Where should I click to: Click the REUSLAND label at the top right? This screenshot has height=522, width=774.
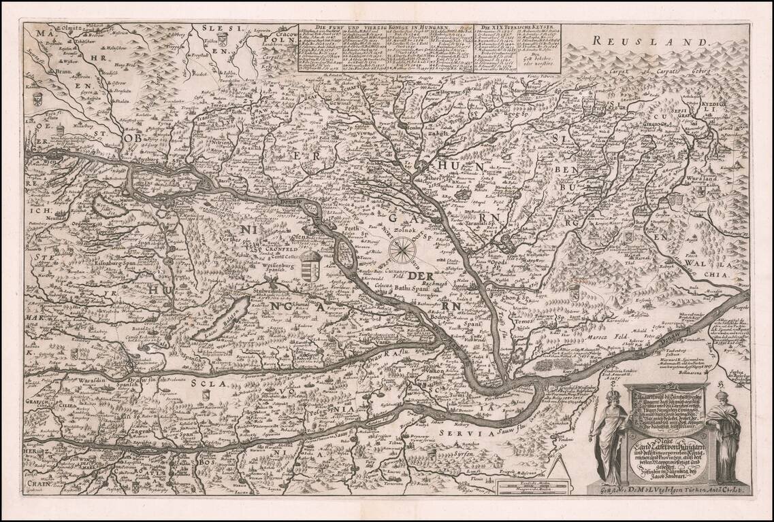[649, 41]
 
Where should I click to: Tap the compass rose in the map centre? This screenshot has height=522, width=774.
[404, 249]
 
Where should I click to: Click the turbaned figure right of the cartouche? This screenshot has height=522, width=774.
[723, 435]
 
